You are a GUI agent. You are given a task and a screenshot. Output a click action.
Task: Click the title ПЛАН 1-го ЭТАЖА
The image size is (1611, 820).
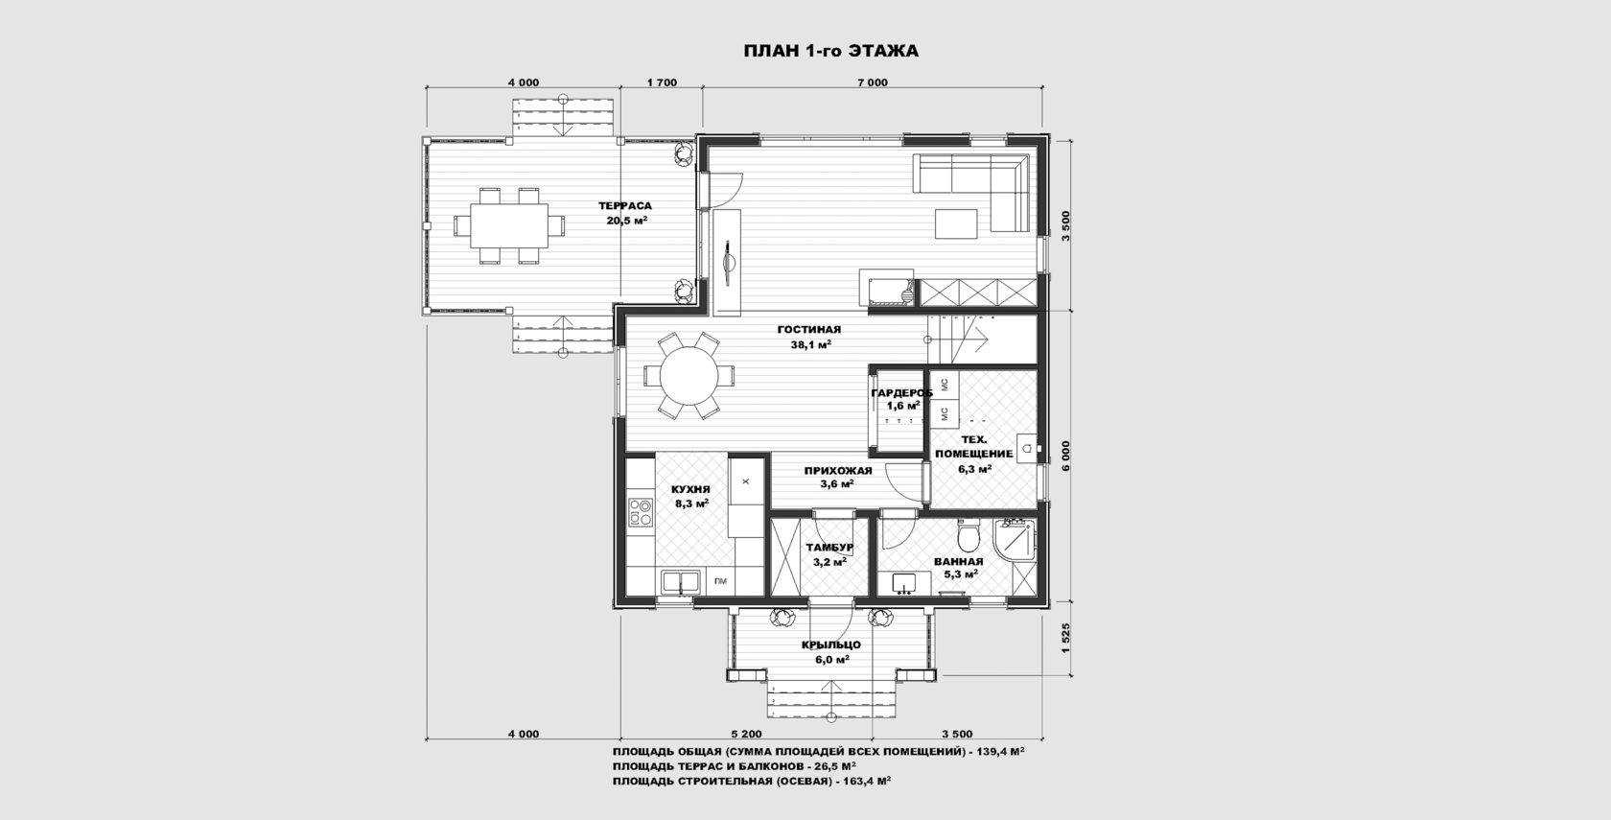[x=830, y=51]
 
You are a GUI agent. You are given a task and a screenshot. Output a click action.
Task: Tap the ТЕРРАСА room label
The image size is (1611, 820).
[x=625, y=206]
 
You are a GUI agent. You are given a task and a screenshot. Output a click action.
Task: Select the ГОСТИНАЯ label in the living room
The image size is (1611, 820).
[x=809, y=330]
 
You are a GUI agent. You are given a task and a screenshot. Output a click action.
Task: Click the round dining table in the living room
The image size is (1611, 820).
[x=689, y=376]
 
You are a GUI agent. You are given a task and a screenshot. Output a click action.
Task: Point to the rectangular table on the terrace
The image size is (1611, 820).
[x=508, y=226]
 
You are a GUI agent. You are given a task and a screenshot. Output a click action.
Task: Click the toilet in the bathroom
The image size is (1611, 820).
[x=969, y=536]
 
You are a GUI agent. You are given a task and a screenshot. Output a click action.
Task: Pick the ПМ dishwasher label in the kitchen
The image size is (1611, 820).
[x=720, y=581]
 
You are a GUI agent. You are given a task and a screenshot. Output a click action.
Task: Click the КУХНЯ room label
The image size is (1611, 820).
[x=690, y=490]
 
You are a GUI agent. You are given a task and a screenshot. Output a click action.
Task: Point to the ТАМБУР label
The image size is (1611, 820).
[x=829, y=549]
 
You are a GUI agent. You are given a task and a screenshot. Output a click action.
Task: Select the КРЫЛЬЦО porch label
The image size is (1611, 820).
[x=830, y=645]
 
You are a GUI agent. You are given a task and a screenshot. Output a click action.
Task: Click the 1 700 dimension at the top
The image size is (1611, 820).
[x=662, y=82]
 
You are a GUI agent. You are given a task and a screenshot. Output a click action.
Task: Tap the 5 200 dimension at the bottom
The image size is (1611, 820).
[x=746, y=735]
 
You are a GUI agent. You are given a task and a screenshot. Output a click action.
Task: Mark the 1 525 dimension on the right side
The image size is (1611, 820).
[x=1066, y=639]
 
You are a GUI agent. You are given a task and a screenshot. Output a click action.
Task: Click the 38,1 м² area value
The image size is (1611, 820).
[x=811, y=344]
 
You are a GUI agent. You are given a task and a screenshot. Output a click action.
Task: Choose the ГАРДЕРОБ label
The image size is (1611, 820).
[x=901, y=393]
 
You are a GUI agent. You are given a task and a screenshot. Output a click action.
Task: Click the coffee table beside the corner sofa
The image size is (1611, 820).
[x=956, y=223]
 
